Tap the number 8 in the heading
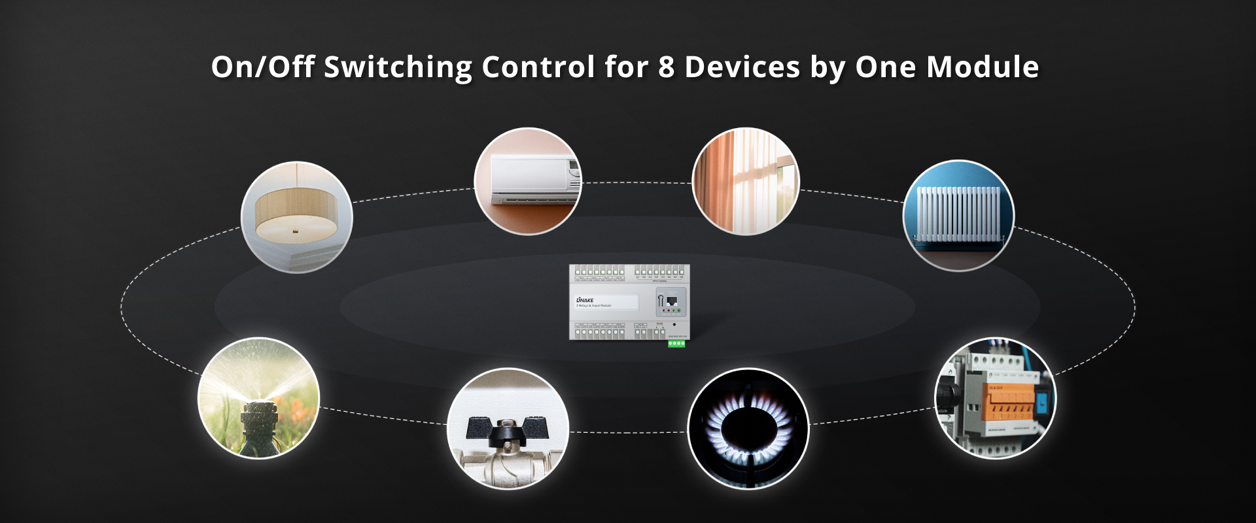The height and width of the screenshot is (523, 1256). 666,67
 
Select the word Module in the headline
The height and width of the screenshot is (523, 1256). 983,67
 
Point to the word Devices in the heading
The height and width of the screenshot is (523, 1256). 742,67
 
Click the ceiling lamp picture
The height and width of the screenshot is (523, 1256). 297,217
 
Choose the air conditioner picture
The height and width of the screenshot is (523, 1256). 528,181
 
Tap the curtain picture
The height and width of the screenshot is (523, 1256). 746,181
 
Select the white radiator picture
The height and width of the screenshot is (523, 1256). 958,215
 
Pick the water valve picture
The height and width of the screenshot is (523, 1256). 508,428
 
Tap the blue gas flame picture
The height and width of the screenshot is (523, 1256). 748,428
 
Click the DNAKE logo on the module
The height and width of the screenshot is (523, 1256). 585,300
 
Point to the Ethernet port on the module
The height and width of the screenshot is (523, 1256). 671,301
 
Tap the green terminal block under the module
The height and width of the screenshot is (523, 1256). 676,343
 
